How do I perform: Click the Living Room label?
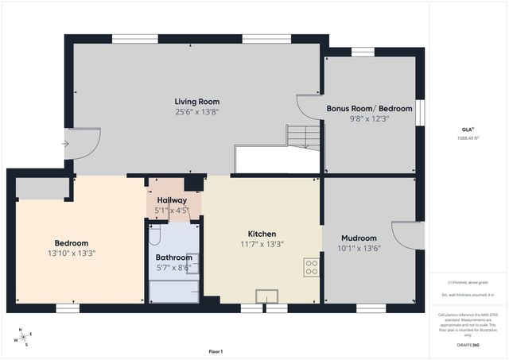[x=196, y=102]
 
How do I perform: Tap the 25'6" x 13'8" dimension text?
[x=196, y=113]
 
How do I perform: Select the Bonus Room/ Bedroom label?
[x=369, y=107]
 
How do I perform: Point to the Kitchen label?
[x=262, y=234]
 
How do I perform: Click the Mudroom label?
[x=359, y=238]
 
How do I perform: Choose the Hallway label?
[x=172, y=200]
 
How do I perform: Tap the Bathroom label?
[x=173, y=257]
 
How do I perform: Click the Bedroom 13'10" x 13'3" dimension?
[x=71, y=254]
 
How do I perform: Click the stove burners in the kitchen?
[x=312, y=266]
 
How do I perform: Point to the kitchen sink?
[x=266, y=296]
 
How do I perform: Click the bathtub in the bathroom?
[x=173, y=291]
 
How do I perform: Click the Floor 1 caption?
[x=215, y=351]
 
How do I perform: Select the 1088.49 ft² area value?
[x=468, y=137]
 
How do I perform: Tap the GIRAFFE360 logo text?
[x=468, y=346]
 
